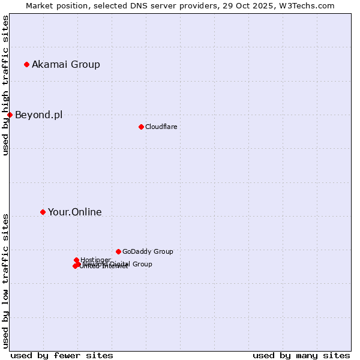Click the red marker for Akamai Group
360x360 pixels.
tap(26, 64)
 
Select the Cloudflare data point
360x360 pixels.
tap(141, 127)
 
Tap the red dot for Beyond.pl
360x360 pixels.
tap(10, 115)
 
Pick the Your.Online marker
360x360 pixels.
tap(43, 212)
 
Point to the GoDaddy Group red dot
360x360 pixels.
tap(118, 251)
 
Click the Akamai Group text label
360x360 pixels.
tap(66, 64)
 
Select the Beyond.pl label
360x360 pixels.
tap(38, 115)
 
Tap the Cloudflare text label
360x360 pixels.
tap(161, 127)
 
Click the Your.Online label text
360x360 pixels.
tap(75, 212)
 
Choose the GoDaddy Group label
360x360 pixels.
tap(148, 251)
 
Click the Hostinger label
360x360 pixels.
tap(95, 260)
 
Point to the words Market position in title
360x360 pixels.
tap(56, 6)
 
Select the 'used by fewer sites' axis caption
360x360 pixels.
tap(62, 355)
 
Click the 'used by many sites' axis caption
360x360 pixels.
tap(301, 355)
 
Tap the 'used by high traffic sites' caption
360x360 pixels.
tap(6, 86)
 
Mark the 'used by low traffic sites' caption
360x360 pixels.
tap(6, 280)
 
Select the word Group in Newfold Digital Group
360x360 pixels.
tap(142, 264)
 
